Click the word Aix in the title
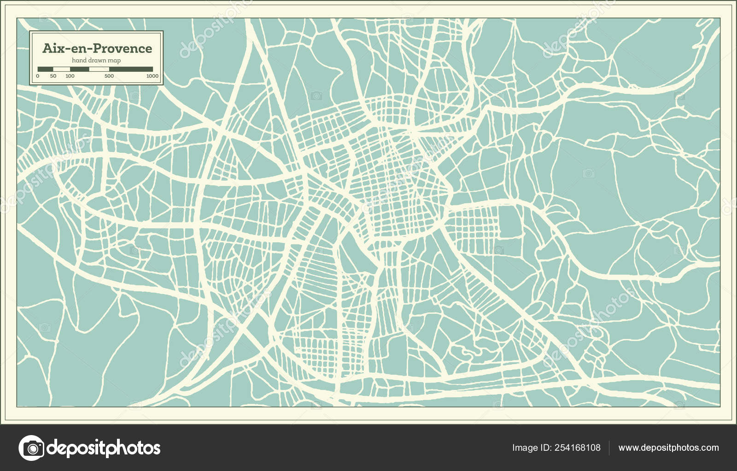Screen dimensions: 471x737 [52, 48]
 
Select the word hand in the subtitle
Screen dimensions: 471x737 [78, 61]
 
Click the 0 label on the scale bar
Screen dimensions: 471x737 [38, 76]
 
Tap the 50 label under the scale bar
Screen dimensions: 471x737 [53, 76]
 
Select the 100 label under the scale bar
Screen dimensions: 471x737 [70, 76]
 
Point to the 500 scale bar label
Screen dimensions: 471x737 [109, 76]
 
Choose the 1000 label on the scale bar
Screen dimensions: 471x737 [152, 76]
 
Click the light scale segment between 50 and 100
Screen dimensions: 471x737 [62, 69]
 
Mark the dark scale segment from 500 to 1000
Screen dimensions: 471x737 [131, 69]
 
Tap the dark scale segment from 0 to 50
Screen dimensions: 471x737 [46, 69]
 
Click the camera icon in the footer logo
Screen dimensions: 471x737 [31, 448]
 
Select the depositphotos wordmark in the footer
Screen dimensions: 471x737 [104, 448]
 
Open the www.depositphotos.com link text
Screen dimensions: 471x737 [668, 448]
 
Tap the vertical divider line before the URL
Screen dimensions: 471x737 [609, 448]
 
